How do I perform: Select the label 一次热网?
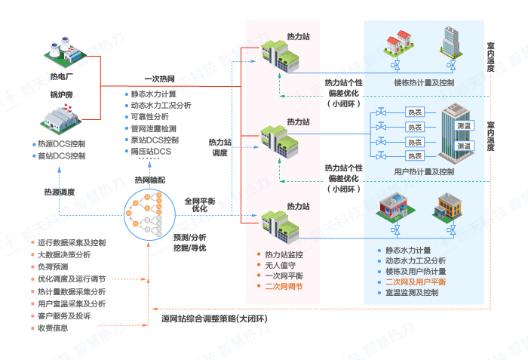pyautogui.click(x=160, y=78)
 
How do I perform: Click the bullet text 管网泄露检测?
pyautogui.click(x=156, y=129)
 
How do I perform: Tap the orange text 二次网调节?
pyautogui.click(x=284, y=287)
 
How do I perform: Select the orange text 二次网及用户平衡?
pyautogui.click(x=416, y=282)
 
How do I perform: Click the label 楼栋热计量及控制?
pyautogui.click(x=424, y=82)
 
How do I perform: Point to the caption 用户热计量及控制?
pyautogui.click(x=424, y=171)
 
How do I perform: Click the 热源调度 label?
pyautogui.click(x=59, y=192)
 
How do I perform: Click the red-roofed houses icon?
pyautogui.click(x=397, y=46)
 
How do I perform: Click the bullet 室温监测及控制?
pyautogui.click(x=411, y=292)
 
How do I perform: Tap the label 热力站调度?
pyautogui.click(x=219, y=147)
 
